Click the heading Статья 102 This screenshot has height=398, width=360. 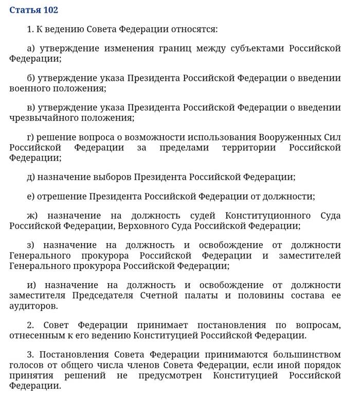click(34, 10)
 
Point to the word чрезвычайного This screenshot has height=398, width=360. click(43, 118)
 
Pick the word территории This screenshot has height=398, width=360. click(249, 148)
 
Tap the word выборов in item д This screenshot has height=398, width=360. click(112, 177)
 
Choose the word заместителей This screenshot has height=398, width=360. click(310, 256)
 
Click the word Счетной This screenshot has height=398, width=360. click(159, 296)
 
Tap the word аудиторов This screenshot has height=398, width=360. click(32, 306)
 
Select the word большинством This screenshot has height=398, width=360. click(307, 355)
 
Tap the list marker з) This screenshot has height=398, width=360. click(30, 246)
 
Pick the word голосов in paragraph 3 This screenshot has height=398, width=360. click(26, 365)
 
